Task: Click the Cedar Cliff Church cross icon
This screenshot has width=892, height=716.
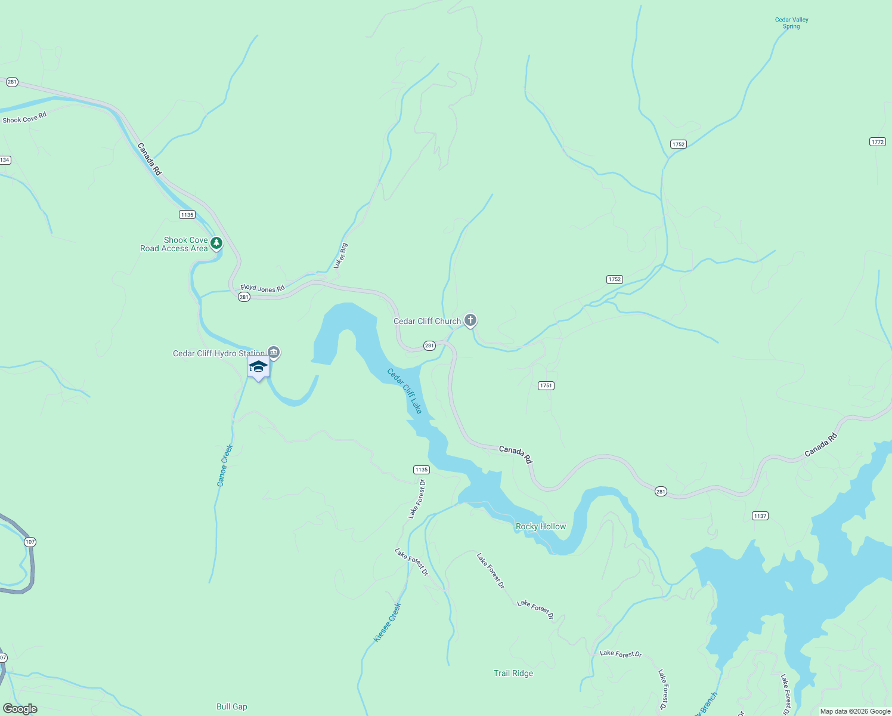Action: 470,321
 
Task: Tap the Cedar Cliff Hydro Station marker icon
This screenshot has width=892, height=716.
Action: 274,353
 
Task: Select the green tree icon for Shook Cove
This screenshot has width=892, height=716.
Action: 216,243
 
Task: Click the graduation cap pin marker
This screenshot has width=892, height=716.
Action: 258,367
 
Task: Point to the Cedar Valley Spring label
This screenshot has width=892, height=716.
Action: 791,23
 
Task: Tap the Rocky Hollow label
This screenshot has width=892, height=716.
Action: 540,526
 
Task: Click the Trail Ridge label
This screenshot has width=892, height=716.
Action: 513,673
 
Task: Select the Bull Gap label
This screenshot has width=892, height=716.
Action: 231,706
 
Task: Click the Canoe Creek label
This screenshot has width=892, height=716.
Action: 225,465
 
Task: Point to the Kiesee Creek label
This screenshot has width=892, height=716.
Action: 388,622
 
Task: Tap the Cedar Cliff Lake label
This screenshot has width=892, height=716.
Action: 404,391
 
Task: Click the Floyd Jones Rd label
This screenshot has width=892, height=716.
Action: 262,288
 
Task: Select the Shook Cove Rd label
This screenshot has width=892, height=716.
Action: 24,118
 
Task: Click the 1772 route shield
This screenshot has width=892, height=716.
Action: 877,141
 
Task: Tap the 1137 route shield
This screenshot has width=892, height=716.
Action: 760,516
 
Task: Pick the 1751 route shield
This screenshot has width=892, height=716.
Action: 546,385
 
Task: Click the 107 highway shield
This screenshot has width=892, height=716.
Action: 30,542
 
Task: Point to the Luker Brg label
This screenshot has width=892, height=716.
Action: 340,256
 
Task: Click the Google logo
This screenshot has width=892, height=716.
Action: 20,709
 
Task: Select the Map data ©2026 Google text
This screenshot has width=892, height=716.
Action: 855,711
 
